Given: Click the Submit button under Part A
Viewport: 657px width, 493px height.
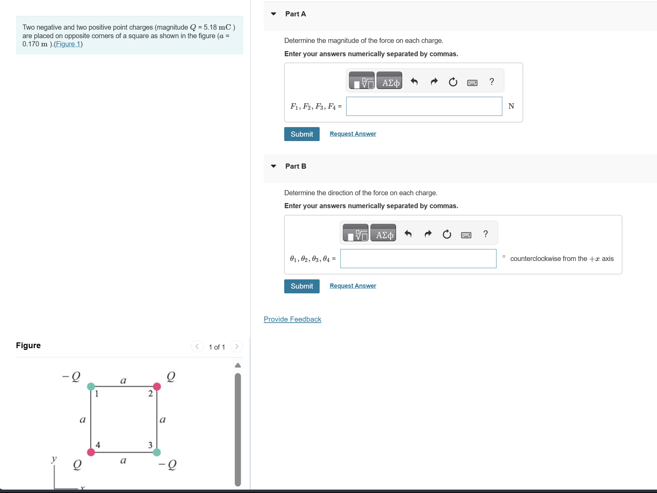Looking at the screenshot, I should (302, 134).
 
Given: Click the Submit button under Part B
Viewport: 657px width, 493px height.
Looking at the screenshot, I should (302, 286).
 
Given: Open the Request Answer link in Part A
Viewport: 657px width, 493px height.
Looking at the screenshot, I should (353, 134).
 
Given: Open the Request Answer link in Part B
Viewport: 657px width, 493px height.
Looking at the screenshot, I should (353, 286).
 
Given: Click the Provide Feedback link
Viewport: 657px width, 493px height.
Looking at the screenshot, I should (292, 319).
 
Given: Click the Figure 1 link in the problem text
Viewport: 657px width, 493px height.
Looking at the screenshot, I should (68, 44).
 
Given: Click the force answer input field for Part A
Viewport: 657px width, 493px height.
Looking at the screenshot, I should (424, 106).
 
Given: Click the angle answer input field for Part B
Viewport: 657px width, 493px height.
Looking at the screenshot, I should (418, 259).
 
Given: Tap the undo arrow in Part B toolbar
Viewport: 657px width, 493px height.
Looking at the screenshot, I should (408, 234).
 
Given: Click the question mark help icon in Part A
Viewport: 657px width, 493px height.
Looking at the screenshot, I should (491, 82).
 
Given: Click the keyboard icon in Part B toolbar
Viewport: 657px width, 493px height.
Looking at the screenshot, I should (466, 235).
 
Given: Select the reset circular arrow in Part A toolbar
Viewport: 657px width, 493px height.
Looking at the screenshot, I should (453, 82).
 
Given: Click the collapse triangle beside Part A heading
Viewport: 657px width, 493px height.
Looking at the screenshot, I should (273, 14).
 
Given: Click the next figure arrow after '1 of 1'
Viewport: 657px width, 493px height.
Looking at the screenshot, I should (236, 346).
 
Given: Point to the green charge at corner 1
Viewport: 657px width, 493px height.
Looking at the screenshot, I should (91, 386).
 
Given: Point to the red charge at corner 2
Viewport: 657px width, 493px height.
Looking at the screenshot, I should (157, 386).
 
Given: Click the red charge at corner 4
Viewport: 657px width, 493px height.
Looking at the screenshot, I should (91, 452).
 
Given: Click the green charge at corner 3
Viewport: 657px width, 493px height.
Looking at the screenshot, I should (157, 452).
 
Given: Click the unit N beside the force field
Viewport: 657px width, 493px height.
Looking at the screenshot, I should (511, 106).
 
